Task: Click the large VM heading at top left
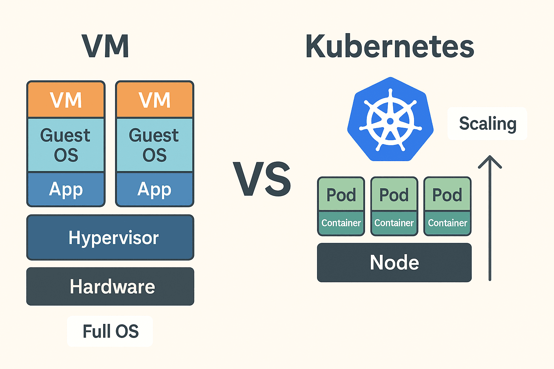(x=105, y=46)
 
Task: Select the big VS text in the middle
(x=262, y=179)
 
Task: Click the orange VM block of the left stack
(x=66, y=100)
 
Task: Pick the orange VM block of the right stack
(x=155, y=100)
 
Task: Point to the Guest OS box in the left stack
(x=66, y=145)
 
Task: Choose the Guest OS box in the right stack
(x=155, y=145)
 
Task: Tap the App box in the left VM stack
(x=66, y=189)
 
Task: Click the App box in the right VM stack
(x=155, y=189)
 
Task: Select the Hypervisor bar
(x=110, y=237)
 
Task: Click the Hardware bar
(x=110, y=286)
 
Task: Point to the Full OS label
(x=110, y=331)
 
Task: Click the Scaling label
(x=487, y=124)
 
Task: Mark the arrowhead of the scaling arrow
(x=490, y=159)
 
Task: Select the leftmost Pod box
(x=341, y=195)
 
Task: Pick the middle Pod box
(x=394, y=195)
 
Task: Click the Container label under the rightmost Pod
(x=448, y=223)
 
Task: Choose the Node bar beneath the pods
(x=394, y=262)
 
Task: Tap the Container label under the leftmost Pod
(x=341, y=223)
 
